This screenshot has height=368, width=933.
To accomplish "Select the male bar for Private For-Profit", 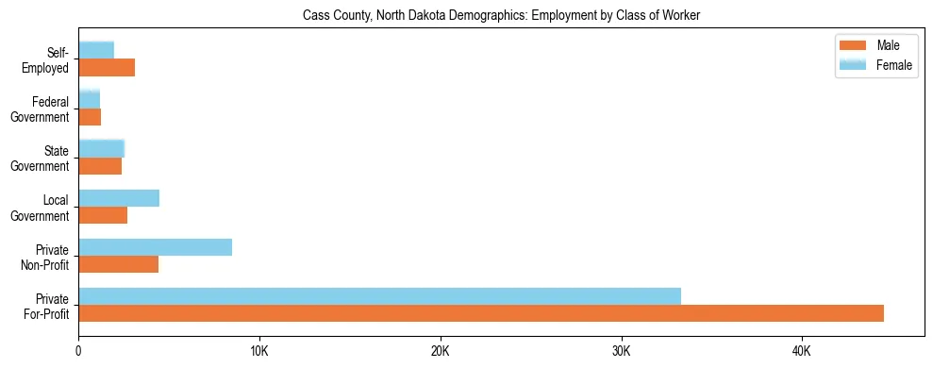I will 481,313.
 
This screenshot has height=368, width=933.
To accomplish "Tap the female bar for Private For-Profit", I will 379,296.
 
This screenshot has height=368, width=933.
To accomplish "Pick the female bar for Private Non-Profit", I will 155,247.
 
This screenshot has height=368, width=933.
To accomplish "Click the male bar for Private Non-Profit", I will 119,264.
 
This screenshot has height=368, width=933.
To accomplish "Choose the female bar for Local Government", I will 119,198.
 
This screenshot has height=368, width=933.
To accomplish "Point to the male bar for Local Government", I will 103,215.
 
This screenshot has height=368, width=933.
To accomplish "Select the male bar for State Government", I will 100,166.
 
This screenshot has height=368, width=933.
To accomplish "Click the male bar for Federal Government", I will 90,117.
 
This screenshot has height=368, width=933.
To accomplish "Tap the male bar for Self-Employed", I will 107,68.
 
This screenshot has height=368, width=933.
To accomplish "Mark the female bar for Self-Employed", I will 96,50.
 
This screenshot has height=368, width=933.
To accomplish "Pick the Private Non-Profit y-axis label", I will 46,257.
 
